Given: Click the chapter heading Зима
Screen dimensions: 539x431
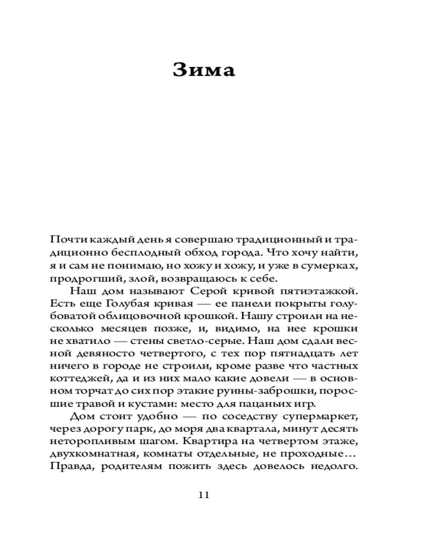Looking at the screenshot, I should (204, 70).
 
